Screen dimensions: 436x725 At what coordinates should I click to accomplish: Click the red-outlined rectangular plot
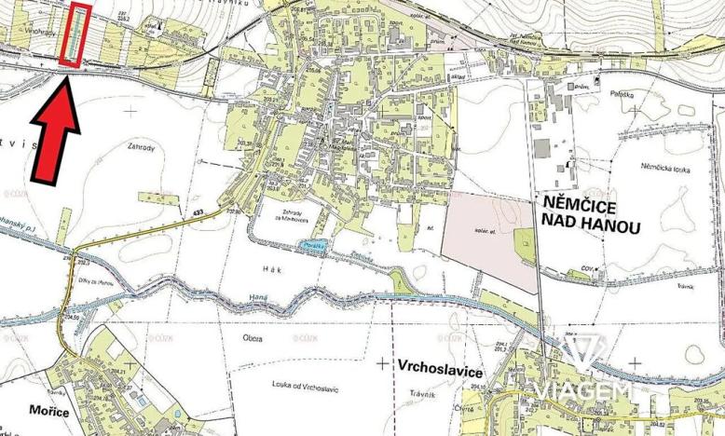point(75,35)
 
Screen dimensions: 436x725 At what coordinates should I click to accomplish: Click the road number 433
point(198,214)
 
